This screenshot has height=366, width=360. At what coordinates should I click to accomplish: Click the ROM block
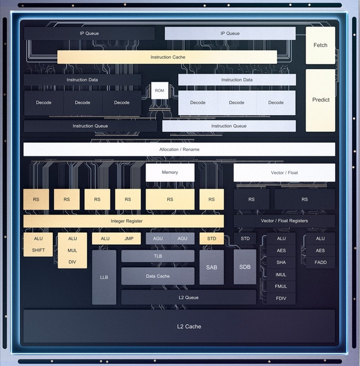(159, 90)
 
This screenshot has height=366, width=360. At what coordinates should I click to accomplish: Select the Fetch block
(321, 45)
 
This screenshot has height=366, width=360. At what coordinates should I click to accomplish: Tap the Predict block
(321, 100)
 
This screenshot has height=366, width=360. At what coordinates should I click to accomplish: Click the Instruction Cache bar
(167, 57)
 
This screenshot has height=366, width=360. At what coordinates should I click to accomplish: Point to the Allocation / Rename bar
(179, 150)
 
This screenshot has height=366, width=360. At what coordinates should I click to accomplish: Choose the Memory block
(170, 173)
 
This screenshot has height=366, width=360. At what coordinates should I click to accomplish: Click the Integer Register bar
(124, 221)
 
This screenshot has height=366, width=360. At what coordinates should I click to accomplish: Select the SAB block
(212, 267)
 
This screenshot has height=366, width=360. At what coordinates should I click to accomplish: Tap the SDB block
(245, 267)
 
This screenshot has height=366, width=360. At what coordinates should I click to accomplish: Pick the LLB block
(104, 278)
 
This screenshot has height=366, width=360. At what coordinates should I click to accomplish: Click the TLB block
(158, 256)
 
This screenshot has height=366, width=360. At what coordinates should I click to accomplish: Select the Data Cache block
(158, 276)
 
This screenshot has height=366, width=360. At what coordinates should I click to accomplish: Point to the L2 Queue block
(188, 298)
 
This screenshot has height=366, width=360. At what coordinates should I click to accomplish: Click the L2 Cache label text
(189, 327)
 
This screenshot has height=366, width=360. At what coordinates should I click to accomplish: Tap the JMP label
(129, 239)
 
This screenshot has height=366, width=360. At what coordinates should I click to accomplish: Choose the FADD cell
(321, 262)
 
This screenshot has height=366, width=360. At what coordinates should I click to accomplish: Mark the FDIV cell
(281, 298)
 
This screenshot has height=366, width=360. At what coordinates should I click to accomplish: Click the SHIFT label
(38, 250)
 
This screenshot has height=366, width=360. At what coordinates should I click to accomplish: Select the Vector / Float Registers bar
(284, 221)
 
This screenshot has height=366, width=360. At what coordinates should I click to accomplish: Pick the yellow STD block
(212, 239)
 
